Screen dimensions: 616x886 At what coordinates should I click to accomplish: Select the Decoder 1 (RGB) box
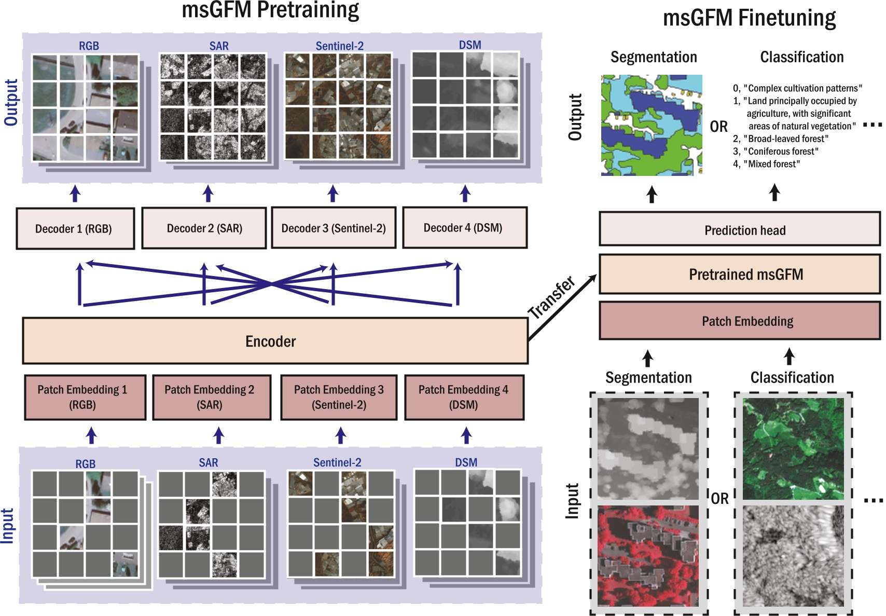click(75, 229)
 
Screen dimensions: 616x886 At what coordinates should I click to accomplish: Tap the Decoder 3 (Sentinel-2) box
click(334, 228)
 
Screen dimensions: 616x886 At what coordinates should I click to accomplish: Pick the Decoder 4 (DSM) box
click(464, 228)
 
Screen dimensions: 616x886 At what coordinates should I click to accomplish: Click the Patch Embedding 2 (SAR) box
click(211, 397)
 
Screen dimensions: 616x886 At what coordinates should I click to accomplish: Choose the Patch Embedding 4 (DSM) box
click(464, 397)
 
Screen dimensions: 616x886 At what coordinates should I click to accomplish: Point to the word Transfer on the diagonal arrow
click(552, 298)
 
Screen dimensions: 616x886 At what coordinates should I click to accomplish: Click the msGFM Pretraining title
click(270, 10)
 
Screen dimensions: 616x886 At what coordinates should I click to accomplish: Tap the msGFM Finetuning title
click(749, 18)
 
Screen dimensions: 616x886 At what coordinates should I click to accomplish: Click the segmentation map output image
click(652, 125)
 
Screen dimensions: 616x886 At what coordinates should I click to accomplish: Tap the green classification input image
click(793, 448)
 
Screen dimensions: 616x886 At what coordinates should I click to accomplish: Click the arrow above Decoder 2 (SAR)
click(208, 193)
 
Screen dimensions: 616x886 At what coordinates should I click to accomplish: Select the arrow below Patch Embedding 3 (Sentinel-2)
click(340, 435)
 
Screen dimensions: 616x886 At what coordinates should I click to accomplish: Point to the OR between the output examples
click(719, 127)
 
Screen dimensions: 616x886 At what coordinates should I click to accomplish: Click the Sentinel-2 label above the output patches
click(339, 46)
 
